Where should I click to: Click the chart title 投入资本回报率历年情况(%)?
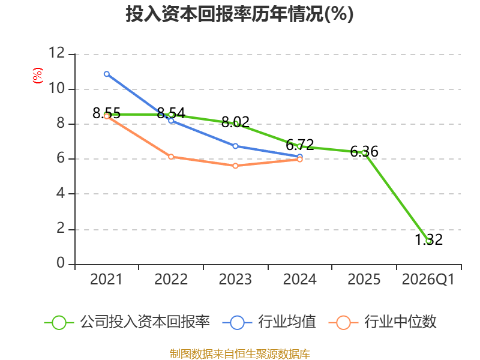[239, 14]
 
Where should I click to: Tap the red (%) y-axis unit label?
[38, 76]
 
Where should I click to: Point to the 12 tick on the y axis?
[57, 53]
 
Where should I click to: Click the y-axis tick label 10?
[57, 88]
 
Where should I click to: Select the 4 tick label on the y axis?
[61, 193]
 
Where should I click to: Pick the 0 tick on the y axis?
[61, 263]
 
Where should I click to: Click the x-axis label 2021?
[106, 279]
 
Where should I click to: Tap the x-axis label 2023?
[235, 279]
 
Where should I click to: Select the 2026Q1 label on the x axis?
[428, 279]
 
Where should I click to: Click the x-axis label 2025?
[364, 279]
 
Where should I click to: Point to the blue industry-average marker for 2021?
[107, 74]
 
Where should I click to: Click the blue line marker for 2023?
[235, 146]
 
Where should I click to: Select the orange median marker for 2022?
[171, 157]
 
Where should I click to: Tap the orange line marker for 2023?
[235, 166]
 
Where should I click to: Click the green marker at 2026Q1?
[429, 241]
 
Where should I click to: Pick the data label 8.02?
[235, 122]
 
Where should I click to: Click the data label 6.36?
[364, 152]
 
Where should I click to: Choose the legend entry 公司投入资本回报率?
[127, 322]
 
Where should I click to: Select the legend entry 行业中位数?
[383, 322]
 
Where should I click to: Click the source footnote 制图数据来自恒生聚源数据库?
[240, 354]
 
